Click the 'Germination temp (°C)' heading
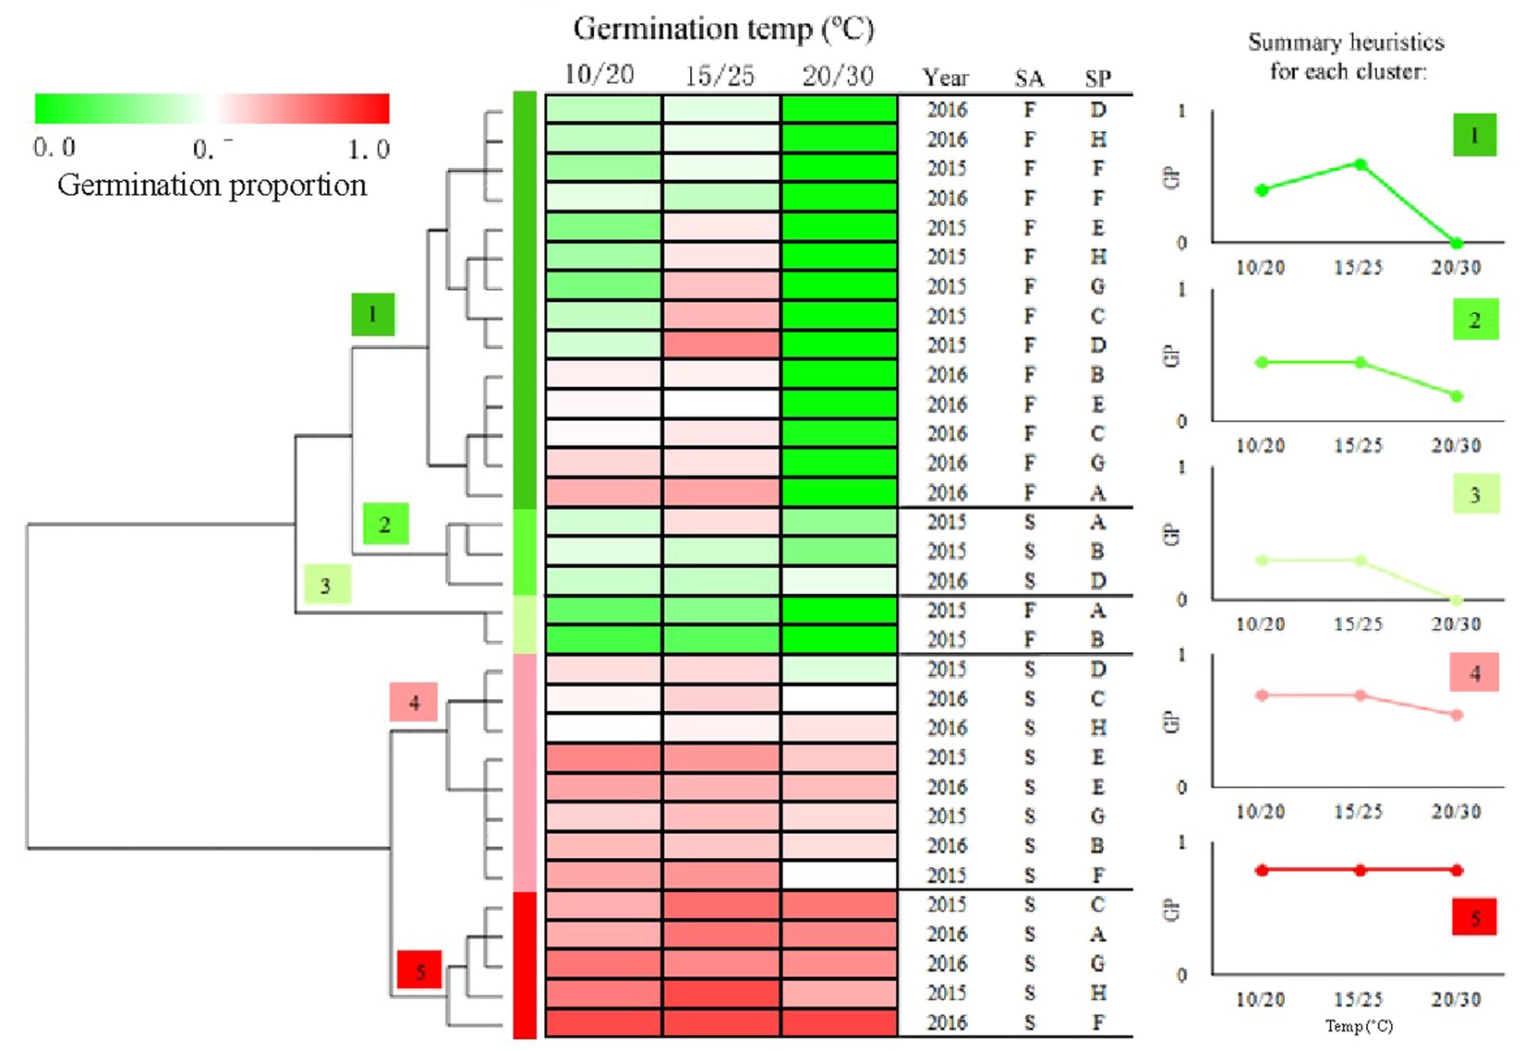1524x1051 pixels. [723, 30]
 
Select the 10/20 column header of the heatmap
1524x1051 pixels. [599, 75]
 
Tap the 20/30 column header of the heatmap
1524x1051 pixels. [838, 76]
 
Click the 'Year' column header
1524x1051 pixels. [946, 79]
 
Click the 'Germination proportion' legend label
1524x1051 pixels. [212, 186]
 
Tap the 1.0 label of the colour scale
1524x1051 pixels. [369, 149]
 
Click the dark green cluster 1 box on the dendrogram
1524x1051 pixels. [372, 314]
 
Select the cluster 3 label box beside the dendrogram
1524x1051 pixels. [327, 585]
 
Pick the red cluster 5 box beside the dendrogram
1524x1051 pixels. [419, 971]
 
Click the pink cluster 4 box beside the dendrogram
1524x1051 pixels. [413, 703]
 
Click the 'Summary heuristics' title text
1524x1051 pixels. [1346, 42]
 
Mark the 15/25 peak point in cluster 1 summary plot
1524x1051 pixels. [1361, 164]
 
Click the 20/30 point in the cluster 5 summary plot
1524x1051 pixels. [1457, 870]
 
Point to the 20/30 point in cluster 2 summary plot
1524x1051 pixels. [1457, 396]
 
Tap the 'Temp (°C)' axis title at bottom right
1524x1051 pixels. [1359, 1026]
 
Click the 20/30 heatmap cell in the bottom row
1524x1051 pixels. [839, 1023]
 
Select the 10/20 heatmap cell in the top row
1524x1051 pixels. [603, 109]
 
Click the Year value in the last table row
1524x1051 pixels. [947, 1023]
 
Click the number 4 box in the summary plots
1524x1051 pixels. [1474, 673]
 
